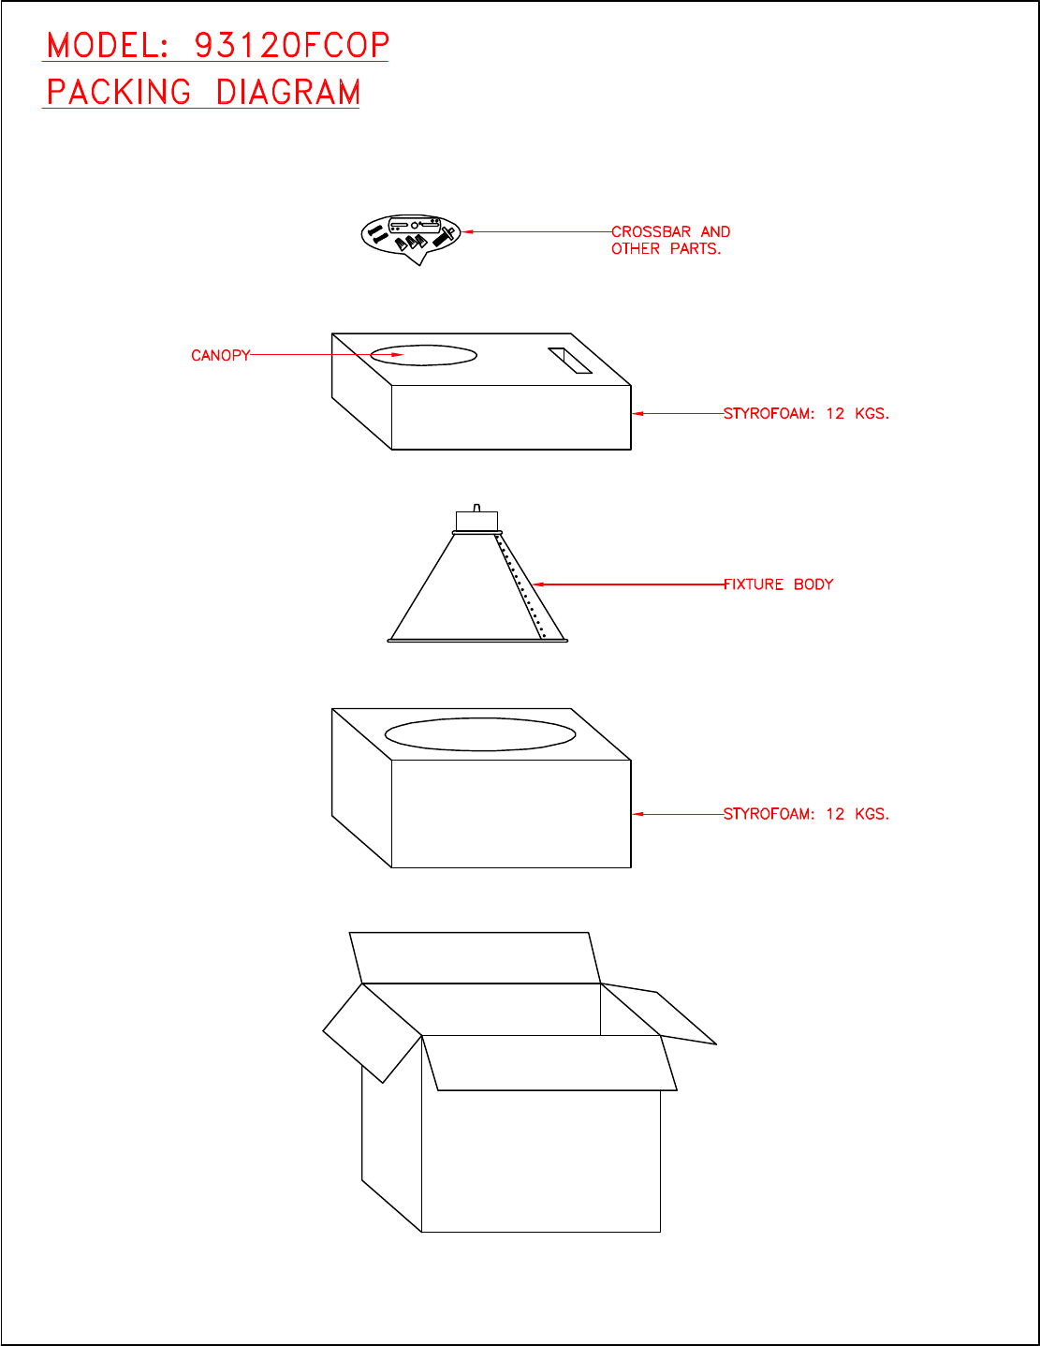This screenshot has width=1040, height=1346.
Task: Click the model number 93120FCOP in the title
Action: (x=291, y=45)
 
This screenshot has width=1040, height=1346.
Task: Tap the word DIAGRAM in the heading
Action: (x=288, y=93)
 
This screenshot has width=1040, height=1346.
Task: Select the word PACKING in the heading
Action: (x=119, y=93)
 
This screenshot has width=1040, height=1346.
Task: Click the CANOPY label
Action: (x=221, y=356)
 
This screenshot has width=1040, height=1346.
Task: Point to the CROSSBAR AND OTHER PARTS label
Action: (x=670, y=240)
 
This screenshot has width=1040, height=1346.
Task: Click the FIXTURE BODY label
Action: (x=778, y=584)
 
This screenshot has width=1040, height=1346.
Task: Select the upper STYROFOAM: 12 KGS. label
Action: (x=806, y=413)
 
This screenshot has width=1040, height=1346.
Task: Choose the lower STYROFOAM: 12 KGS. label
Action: (x=806, y=814)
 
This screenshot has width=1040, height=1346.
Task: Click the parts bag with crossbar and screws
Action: (x=411, y=235)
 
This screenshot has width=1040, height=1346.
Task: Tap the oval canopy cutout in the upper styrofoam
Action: (x=424, y=355)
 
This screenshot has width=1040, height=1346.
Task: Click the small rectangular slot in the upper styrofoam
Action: (x=570, y=361)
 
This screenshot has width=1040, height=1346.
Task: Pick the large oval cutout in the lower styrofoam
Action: (x=480, y=734)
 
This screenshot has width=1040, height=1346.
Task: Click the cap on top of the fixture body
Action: (x=476, y=521)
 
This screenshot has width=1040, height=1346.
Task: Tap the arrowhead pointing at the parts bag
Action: (x=468, y=231)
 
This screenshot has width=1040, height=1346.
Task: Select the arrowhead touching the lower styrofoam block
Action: (x=637, y=814)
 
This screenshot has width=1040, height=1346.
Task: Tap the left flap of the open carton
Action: (x=372, y=1033)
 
